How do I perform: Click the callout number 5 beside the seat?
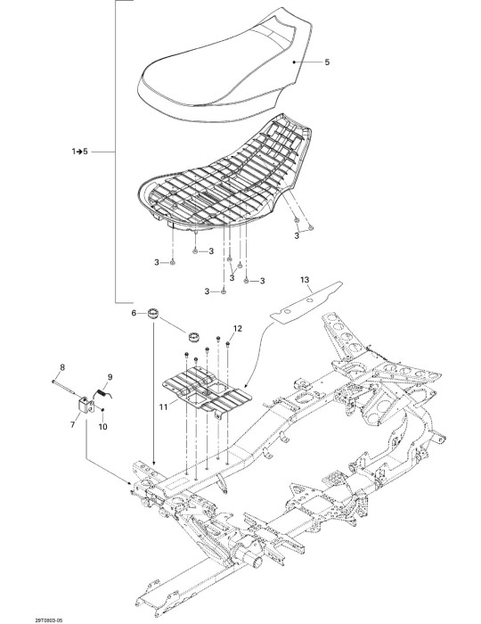coord(327,62)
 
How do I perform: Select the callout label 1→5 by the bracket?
coord(80,152)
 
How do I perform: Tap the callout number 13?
coord(305,280)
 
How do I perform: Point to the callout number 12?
coord(237,329)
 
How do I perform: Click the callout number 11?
coord(163,407)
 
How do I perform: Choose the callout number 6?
coord(134,313)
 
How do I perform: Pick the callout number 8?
coord(61,367)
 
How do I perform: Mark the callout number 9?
coord(110,377)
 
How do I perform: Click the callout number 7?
coord(72,425)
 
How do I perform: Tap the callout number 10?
coord(102,427)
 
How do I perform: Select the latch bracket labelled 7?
coord(86,406)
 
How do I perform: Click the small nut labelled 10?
coord(102,409)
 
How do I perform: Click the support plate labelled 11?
coord(208,392)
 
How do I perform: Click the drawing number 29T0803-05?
coord(49,620)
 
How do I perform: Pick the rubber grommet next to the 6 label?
coord(153,312)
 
